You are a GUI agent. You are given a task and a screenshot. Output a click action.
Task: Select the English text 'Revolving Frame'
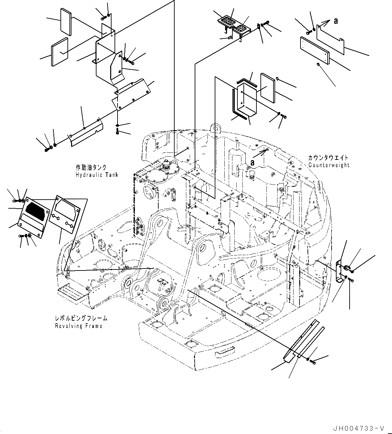[78, 326]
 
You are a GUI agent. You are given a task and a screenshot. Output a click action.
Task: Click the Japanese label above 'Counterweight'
[328, 157]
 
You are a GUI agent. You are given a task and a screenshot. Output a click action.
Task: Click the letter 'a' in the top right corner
[336, 21]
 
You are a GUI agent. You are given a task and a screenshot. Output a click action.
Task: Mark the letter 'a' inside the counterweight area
[253, 162]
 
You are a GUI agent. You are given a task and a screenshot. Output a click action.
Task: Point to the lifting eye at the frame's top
[216, 128]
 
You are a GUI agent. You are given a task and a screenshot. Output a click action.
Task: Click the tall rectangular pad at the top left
[65, 21]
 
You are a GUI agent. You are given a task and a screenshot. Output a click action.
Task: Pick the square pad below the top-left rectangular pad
[59, 51]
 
